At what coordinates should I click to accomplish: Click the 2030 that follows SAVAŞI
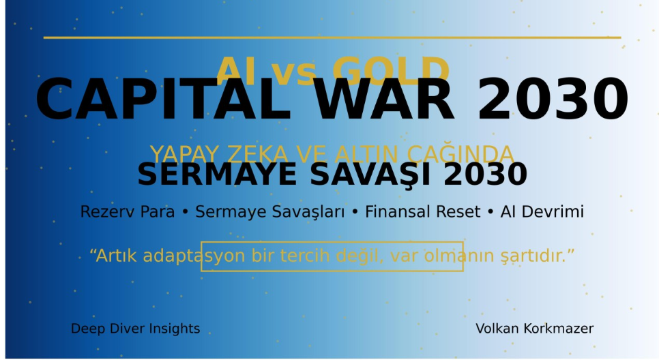(x=485, y=175)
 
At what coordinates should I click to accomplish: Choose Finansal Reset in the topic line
(x=422, y=212)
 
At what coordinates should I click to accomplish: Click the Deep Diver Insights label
(x=135, y=329)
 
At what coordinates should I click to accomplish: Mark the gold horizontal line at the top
(x=332, y=37)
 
